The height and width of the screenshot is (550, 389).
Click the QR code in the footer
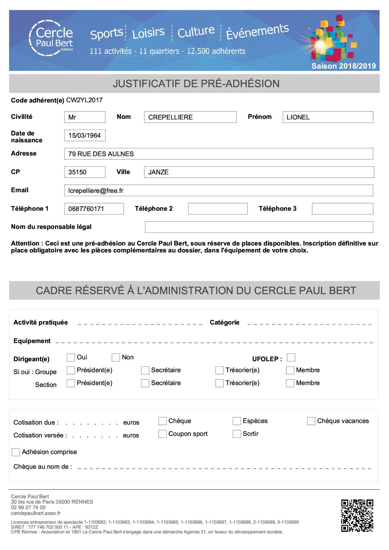(357, 516)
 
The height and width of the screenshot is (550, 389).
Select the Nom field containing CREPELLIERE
(190, 117)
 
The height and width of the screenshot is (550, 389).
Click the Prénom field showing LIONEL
(328, 117)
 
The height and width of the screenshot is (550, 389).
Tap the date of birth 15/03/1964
(85, 135)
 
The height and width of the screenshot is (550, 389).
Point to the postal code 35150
(85, 172)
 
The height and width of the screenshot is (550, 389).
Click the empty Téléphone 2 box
(218, 209)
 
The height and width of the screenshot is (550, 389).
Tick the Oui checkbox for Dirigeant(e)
(71, 357)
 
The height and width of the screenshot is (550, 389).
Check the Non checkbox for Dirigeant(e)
(116, 357)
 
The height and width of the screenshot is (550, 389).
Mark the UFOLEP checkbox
(291, 358)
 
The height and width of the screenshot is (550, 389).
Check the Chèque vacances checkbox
(311, 421)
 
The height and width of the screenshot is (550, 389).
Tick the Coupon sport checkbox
(162, 434)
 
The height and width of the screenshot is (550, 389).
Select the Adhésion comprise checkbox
(16, 452)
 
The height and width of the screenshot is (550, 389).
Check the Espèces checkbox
(237, 421)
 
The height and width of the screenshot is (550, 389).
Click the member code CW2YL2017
(84, 100)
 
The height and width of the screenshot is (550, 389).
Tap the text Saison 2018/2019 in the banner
(344, 66)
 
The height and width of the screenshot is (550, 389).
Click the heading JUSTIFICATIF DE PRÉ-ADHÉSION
(196, 84)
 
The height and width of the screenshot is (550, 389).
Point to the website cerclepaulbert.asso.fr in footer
(36, 513)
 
